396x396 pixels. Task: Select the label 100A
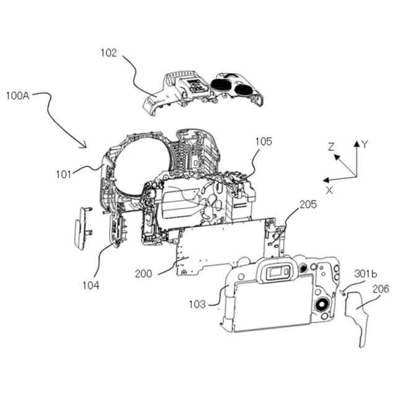pos(19,96)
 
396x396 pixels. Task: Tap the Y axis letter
pos(366,144)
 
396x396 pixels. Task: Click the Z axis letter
pos(331,147)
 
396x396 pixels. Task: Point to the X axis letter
pos(329,191)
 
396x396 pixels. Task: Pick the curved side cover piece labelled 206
pos(358,316)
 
